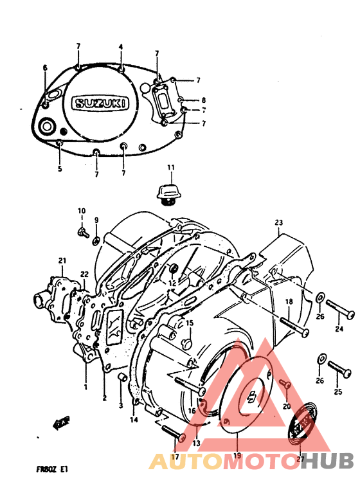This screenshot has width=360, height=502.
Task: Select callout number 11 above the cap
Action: pyautogui.click(x=171, y=168)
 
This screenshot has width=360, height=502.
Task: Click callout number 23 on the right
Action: pyautogui.click(x=278, y=223)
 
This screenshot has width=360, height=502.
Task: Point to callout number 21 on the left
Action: pyautogui.click(x=62, y=260)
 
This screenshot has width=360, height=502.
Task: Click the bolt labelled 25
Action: pyautogui.click(x=339, y=368)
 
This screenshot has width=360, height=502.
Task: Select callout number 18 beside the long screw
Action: pyautogui.click(x=289, y=301)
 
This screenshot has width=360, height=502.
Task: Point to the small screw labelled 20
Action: pyautogui.click(x=287, y=385)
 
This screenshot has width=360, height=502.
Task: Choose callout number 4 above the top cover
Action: pyautogui.click(x=120, y=47)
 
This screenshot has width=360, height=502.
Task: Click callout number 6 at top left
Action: pyautogui.click(x=45, y=67)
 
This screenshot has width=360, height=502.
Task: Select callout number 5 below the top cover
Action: pyautogui.click(x=59, y=169)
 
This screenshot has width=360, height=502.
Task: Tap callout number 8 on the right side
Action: pyautogui.click(x=203, y=100)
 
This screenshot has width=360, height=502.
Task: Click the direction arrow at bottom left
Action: pyautogui.click(x=61, y=422)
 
